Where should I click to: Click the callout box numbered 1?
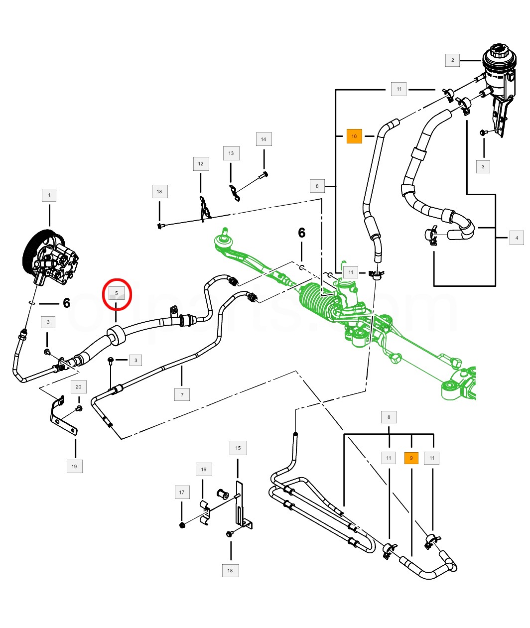[x=49, y=195]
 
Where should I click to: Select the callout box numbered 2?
[x=452, y=60]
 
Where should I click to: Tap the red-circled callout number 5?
[x=117, y=293]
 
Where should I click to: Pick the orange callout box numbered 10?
[x=354, y=136]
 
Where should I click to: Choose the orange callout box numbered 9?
[x=411, y=458]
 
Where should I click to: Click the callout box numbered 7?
[x=182, y=395]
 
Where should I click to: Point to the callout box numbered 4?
[x=517, y=238]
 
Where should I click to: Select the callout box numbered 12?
[x=201, y=164]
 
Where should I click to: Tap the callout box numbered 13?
[x=231, y=153]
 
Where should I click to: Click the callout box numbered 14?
[x=264, y=139]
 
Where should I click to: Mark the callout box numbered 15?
[x=238, y=448]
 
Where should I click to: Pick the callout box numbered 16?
[x=203, y=470]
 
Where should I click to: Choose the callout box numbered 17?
[x=182, y=493]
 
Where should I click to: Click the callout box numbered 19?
[x=74, y=467]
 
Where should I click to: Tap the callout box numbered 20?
[x=79, y=387]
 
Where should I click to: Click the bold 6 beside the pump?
[x=66, y=303]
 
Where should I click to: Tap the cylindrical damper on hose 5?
[x=116, y=335]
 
